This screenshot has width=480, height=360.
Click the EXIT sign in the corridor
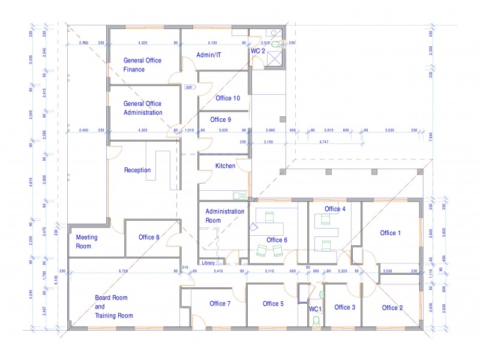(x=189, y=87)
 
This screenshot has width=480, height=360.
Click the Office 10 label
(x=228, y=98)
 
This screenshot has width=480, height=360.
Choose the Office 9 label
(x=223, y=119)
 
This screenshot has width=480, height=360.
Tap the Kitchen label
(x=225, y=166)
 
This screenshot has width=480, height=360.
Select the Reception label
(x=137, y=170)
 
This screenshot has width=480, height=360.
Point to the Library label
(x=208, y=262)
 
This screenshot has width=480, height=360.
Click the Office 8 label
(x=149, y=237)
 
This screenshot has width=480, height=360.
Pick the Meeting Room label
(x=86, y=242)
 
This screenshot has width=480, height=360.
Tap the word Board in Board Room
(x=103, y=298)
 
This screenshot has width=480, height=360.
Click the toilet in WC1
(x=316, y=320)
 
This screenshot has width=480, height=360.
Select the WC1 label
(x=316, y=309)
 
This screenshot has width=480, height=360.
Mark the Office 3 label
(x=344, y=307)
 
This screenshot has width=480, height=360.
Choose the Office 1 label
(x=391, y=233)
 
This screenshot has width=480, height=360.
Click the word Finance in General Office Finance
(x=134, y=70)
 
